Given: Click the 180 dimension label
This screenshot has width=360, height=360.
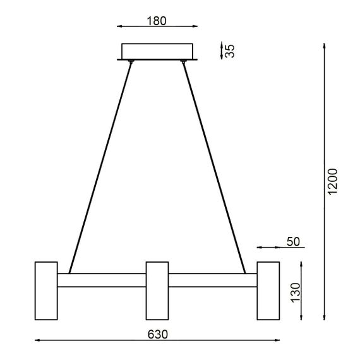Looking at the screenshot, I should pos(156,20).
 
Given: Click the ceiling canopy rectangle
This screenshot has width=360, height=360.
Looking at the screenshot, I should pos(158,51).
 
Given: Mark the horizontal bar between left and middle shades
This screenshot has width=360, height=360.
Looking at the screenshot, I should pos(102,280).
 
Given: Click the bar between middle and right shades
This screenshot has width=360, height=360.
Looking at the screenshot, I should pos(212,280).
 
